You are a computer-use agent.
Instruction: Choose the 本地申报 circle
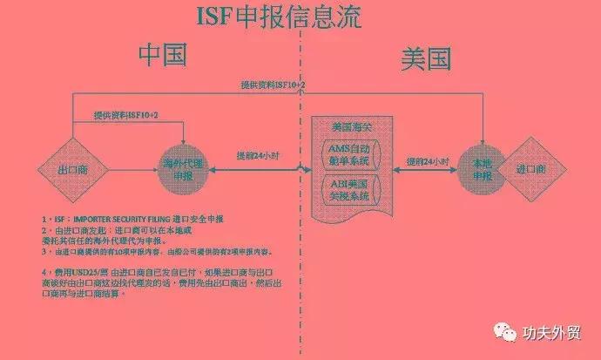click(x=482, y=168)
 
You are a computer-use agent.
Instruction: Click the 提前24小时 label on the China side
click(x=257, y=156)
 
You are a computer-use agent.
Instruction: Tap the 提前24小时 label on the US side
click(x=429, y=162)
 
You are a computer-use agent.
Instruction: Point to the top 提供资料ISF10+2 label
click(x=273, y=84)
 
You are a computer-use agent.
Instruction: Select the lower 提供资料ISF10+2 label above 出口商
click(x=126, y=116)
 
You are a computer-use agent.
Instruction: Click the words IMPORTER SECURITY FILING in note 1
click(x=119, y=219)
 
